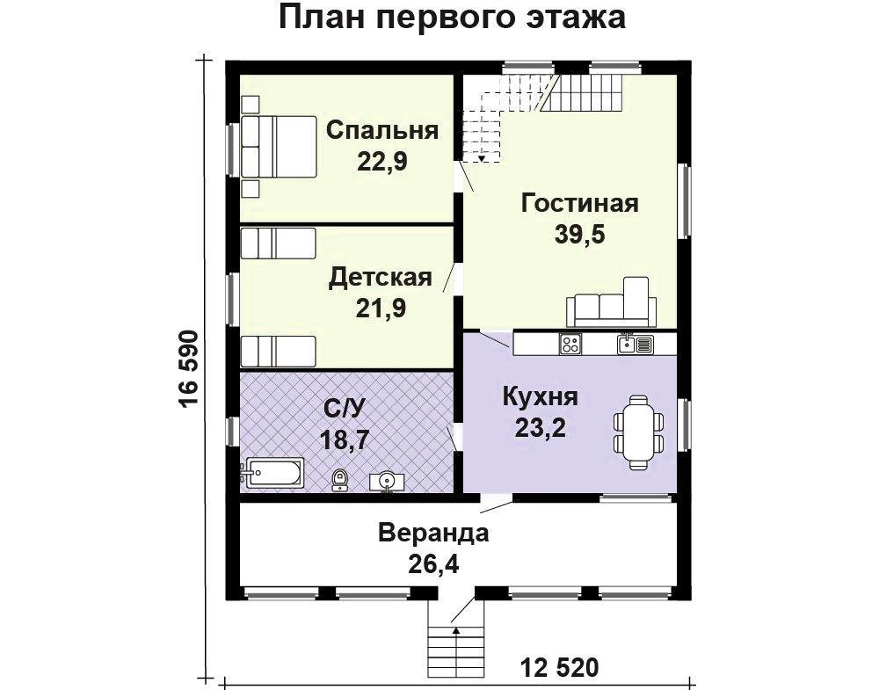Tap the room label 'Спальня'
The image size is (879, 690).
[x=382, y=131]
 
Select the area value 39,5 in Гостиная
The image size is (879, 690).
[x=579, y=234]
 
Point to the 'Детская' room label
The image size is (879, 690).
[x=380, y=278]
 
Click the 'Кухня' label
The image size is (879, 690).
[x=541, y=396]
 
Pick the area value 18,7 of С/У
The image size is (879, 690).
[x=345, y=439]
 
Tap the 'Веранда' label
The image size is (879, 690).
[x=433, y=533]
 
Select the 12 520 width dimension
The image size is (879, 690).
[x=559, y=667]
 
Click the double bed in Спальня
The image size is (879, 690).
[x=279, y=148]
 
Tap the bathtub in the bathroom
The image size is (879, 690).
[x=273, y=474]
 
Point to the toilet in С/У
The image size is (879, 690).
[x=339, y=480]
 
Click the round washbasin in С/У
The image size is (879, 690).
[x=386, y=482]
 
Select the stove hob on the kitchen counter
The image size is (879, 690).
[x=570, y=344]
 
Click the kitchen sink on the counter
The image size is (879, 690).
[x=636, y=344]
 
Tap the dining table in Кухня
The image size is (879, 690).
[x=639, y=432]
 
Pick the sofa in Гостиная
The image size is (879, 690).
[x=611, y=301]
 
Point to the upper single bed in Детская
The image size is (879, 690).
[x=279, y=243]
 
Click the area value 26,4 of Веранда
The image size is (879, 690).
[x=433, y=564]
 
